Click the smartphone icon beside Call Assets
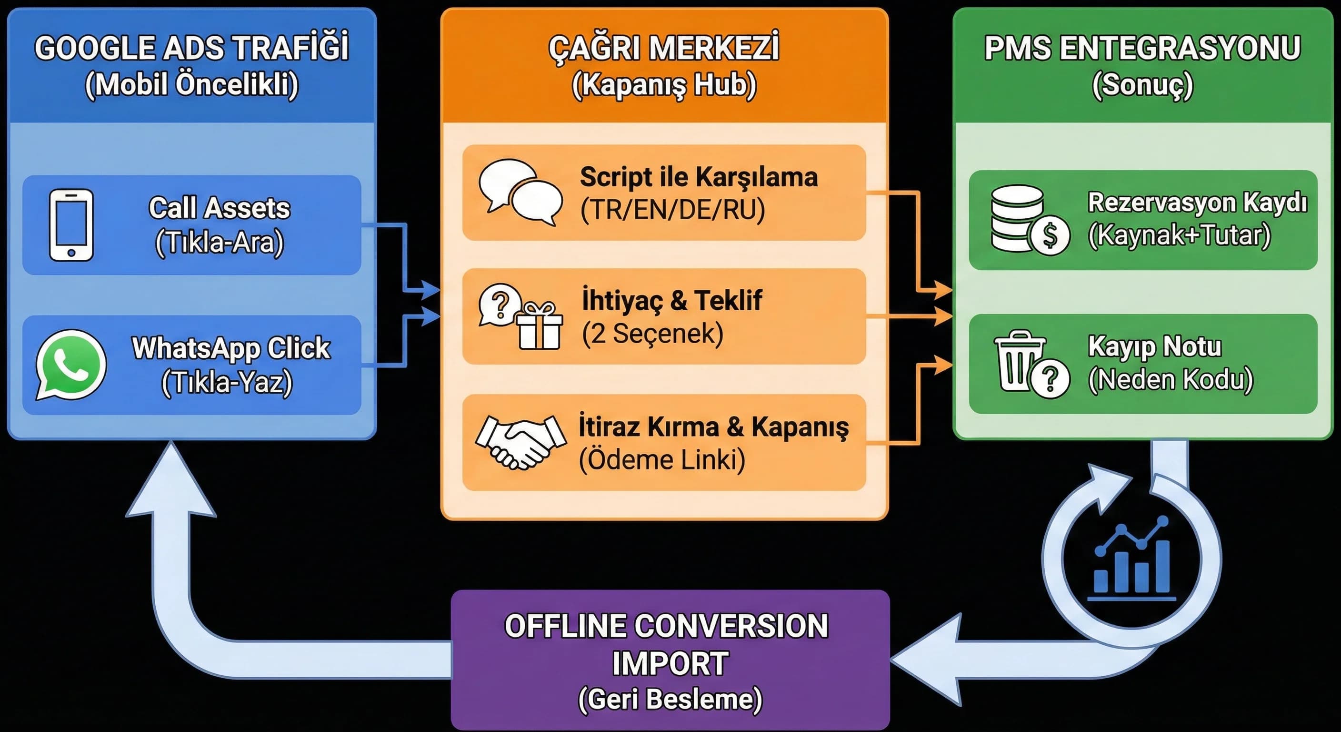tap(71, 224)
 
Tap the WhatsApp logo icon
tap(71, 364)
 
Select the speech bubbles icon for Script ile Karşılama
tap(520, 192)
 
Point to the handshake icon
tap(520, 441)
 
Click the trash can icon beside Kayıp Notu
tap(1019, 361)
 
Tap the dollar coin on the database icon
tap(1050, 235)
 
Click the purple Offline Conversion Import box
tap(670, 660)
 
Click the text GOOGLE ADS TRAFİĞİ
tap(191, 48)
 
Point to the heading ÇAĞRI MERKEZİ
tap(664, 48)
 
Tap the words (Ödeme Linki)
tap(661, 460)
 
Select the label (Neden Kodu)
tap(1170, 379)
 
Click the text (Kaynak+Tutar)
tap(1179, 235)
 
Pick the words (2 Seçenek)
tap(653, 334)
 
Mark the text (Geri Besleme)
tap(670, 699)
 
